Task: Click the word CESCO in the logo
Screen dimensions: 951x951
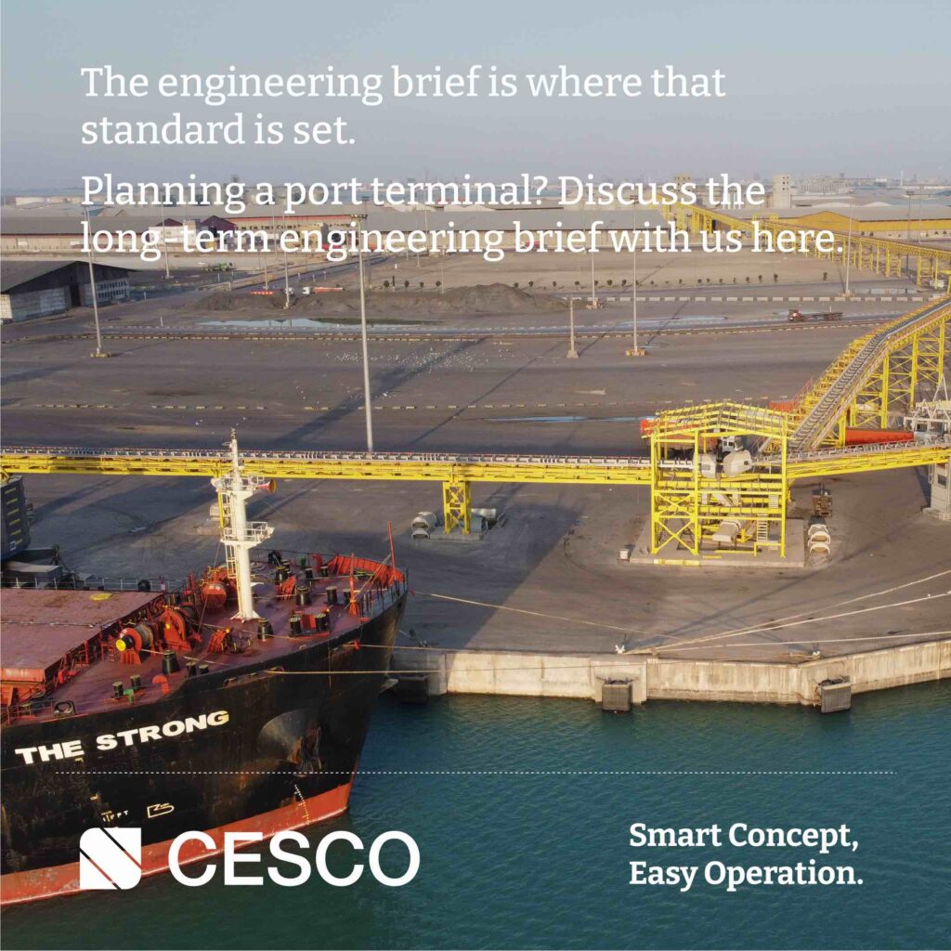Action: click(x=294, y=857)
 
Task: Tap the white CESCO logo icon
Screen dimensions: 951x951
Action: click(x=111, y=857)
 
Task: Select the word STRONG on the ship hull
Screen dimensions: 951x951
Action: click(x=162, y=731)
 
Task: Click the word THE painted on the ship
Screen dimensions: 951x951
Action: click(x=50, y=752)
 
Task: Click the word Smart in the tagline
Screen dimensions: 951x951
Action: click(x=674, y=836)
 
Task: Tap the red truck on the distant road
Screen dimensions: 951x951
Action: click(x=814, y=316)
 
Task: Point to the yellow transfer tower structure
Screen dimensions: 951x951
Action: click(x=719, y=479)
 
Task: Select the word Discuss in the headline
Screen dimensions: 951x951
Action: click(x=627, y=191)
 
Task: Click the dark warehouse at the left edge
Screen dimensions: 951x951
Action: click(x=64, y=290)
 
